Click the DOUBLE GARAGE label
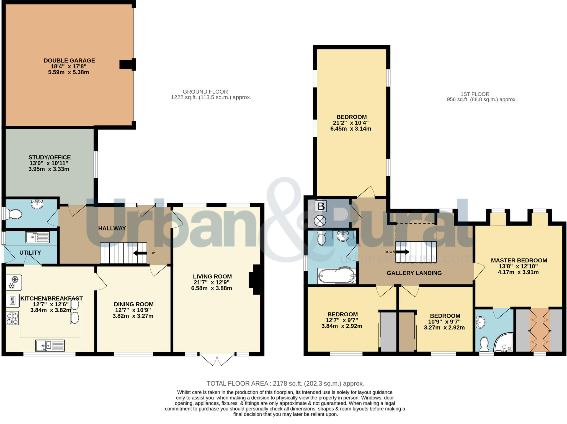click(69, 60)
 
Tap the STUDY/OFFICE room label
click(50, 157)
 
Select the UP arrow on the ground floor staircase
click(140, 253)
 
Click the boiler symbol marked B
click(321, 206)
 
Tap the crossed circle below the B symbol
click(320, 221)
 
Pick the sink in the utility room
click(37, 237)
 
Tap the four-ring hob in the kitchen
click(12, 318)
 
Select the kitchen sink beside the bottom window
click(50, 345)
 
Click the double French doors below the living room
click(217, 360)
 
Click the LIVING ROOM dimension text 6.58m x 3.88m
click(212, 288)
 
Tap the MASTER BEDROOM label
click(519, 260)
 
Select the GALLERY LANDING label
click(414, 273)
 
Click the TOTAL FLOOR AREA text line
click(285, 383)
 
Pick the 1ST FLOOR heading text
click(475, 94)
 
